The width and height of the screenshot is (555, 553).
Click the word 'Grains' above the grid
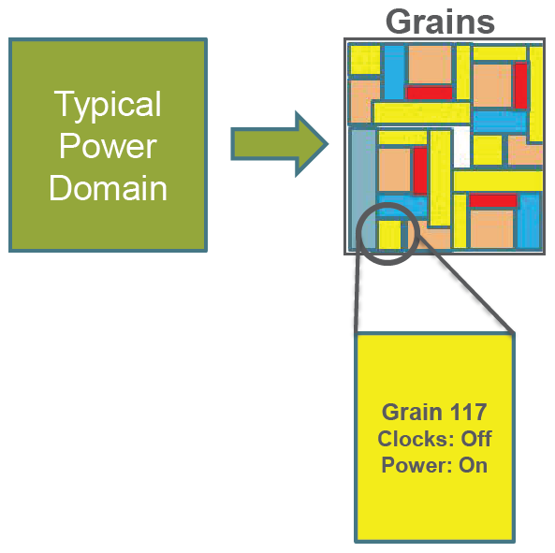click(x=440, y=20)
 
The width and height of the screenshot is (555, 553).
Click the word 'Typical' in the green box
click(x=108, y=104)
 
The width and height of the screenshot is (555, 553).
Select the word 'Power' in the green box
click(x=108, y=146)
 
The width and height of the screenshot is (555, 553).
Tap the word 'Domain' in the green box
click(x=108, y=188)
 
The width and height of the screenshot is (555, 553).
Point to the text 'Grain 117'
click(x=434, y=412)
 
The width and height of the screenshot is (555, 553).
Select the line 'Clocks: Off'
click(x=434, y=439)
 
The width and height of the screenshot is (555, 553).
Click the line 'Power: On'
click(x=434, y=465)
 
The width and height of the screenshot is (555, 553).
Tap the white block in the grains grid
click(x=461, y=145)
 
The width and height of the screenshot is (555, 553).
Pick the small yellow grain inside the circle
click(x=389, y=234)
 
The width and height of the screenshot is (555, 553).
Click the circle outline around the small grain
click(x=359, y=227)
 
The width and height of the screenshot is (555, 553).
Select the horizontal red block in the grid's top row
click(x=429, y=93)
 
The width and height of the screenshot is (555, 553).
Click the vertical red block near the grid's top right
click(x=520, y=85)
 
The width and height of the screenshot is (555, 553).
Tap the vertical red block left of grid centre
click(x=419, y=170)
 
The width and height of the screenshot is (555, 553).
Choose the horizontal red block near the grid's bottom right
click(x=493, y=200)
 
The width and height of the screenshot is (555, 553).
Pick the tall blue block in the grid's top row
click(x=394, y=71)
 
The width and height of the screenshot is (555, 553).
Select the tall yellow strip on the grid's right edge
click(x=536, y=93)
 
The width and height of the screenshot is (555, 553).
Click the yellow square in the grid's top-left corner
click(x=364, y=60)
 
